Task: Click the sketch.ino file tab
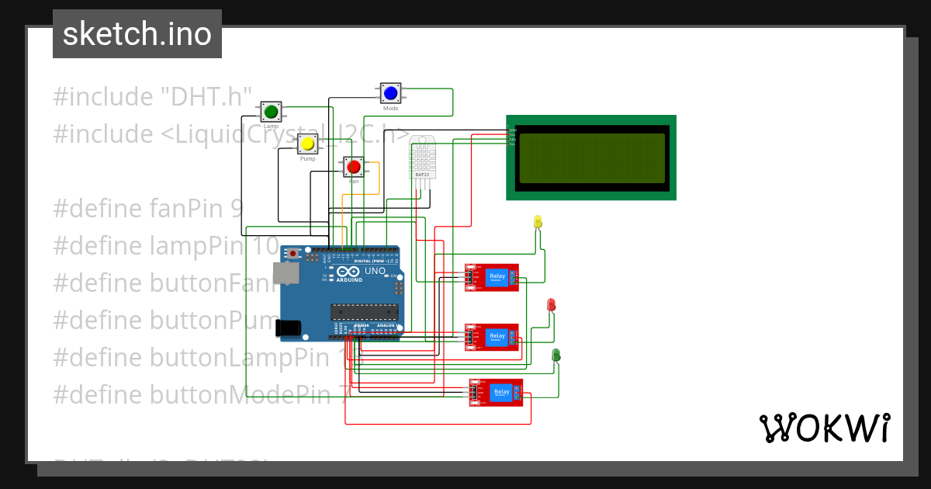coord(137,34)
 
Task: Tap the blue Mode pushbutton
coord(389,93)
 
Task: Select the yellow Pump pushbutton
coord(308,144)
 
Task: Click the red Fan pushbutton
coord(354,167)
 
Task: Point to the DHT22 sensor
coord(422,157)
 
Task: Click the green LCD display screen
coord(591,158)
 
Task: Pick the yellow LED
coord(538,223)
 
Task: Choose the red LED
coord(552,304)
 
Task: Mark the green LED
coord(556,355)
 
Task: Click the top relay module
coord(492,278)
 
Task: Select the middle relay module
coord(492,338)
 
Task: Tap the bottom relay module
coord(496,393)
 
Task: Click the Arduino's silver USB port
coord(286,274)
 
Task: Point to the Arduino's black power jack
coord(290,328)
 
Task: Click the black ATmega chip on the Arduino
coord(365,311)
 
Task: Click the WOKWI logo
coord(824,428)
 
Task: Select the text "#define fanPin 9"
coord(147,209)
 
